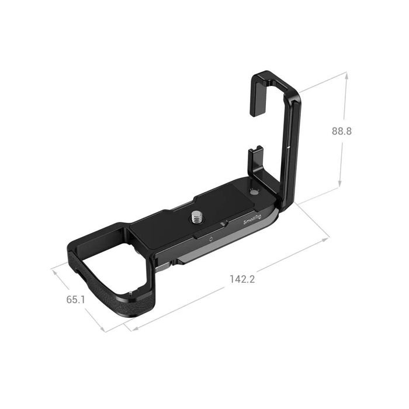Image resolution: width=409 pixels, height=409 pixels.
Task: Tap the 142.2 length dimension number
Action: (x=243, y=279)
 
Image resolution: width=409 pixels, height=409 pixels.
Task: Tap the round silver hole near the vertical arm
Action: (x=253, y=192)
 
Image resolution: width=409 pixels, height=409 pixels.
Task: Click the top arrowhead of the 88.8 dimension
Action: (x=346, y=75)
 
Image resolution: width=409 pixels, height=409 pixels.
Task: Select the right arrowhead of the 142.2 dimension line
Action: (x=328, y=238)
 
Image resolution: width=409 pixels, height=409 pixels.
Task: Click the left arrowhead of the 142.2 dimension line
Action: (x=134, y=329)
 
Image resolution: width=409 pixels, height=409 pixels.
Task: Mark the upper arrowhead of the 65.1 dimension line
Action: (x=54, y=269)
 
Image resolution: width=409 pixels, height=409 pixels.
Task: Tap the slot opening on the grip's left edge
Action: (x=78, y=271)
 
